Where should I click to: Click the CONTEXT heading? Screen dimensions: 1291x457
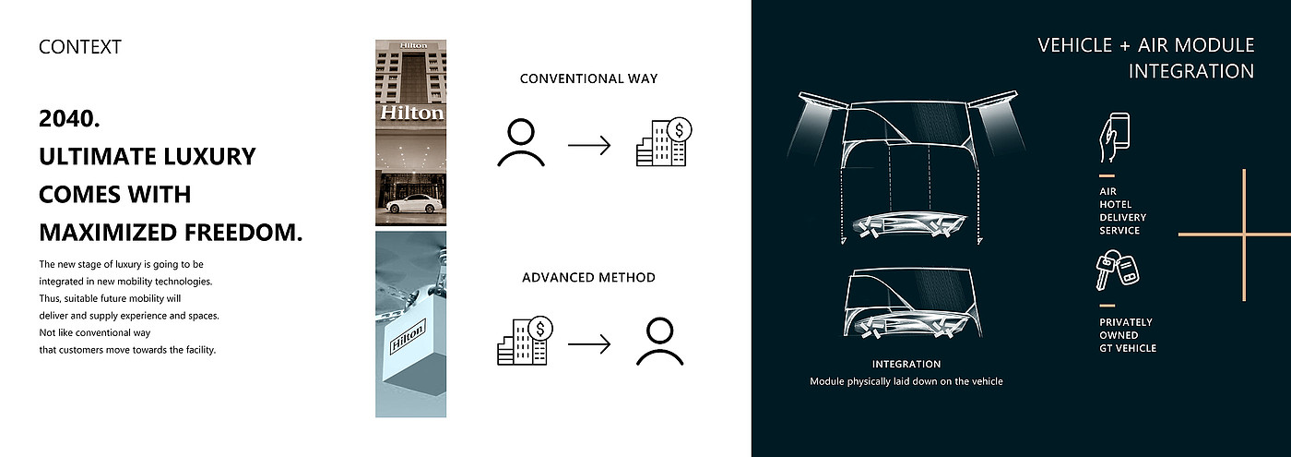[80, 47]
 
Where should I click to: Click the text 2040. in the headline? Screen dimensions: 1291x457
[69, 119]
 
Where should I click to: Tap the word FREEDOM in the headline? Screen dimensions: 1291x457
[243, 233]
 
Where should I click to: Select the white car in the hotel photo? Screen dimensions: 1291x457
[415, 204]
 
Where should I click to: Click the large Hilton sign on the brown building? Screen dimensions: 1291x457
[411, 113]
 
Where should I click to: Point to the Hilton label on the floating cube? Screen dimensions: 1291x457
[408, 337]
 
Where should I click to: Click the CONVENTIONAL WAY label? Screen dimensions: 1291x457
[588, 79]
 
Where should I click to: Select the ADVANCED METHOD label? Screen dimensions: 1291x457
[588, 278]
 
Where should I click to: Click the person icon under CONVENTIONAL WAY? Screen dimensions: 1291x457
[521, 143]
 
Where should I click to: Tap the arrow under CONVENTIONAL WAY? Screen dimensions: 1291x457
[589, 146]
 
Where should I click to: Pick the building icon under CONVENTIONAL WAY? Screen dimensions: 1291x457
[664, 142]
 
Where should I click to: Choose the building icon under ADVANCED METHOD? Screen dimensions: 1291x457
[525, 341]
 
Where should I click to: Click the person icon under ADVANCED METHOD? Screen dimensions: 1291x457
[660, 342]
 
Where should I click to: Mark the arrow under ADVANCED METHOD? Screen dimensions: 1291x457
[589, 344]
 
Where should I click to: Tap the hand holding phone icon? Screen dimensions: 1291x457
[1114, 138]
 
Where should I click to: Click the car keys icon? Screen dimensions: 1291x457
[1118, 270]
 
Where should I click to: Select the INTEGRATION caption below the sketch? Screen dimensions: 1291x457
[906, 364]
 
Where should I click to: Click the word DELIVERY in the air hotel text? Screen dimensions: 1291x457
[1123, 218]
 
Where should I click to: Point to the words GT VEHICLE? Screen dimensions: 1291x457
[1128, 349]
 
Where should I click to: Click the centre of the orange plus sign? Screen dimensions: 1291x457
[1244, 235]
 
